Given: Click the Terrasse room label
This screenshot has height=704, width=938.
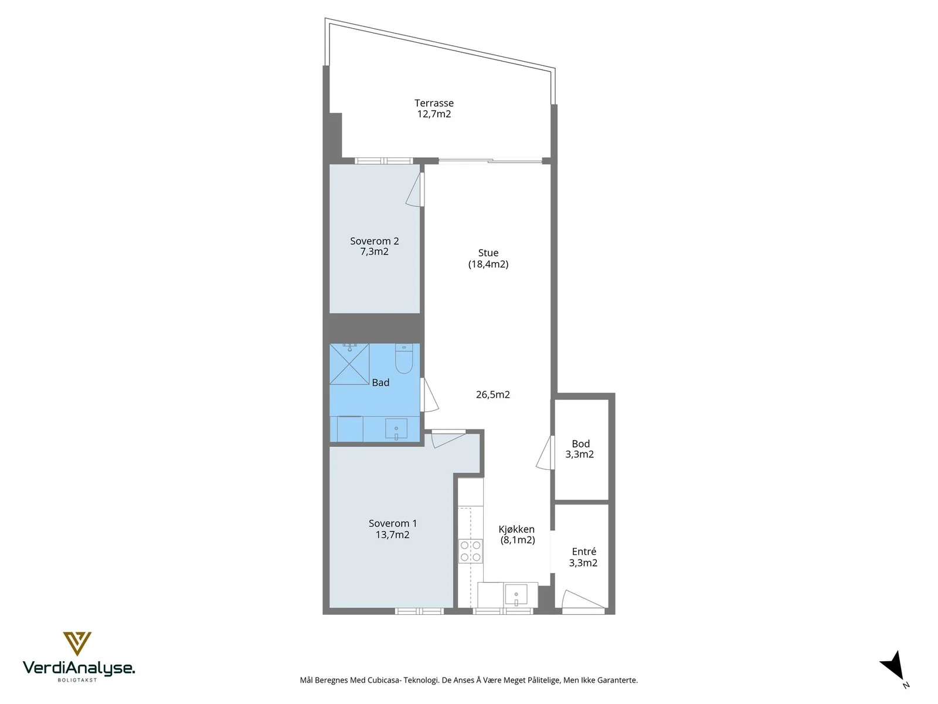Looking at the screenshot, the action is (434, 103).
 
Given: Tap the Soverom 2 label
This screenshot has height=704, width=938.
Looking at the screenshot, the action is (375, 241).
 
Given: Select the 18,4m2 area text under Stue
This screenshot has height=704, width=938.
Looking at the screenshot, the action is (488, 264).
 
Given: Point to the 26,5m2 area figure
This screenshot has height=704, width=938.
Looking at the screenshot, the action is (492, 394).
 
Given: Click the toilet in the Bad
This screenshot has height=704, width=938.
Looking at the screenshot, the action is (403, 358).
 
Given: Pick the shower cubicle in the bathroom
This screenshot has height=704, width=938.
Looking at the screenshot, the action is (349, 364).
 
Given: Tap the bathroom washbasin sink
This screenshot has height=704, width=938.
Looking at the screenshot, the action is (396, 429).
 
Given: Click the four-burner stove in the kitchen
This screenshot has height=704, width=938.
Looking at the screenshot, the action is (471, 551).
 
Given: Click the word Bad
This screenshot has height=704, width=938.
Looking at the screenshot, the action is (380, 383).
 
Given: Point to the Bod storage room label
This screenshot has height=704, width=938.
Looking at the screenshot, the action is (580, 444).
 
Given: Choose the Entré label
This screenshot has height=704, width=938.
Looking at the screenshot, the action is (584, 551).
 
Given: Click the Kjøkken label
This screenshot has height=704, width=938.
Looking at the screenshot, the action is (516, 529).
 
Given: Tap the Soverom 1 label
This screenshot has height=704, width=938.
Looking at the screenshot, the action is (392, 523).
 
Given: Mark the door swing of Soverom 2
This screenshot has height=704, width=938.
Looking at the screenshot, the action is (414, 189).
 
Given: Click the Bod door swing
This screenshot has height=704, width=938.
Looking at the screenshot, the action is (545, 453).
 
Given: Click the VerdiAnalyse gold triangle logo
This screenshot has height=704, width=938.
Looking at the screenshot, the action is (77, 644).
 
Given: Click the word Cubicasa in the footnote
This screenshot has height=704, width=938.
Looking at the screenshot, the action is (382, 680).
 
